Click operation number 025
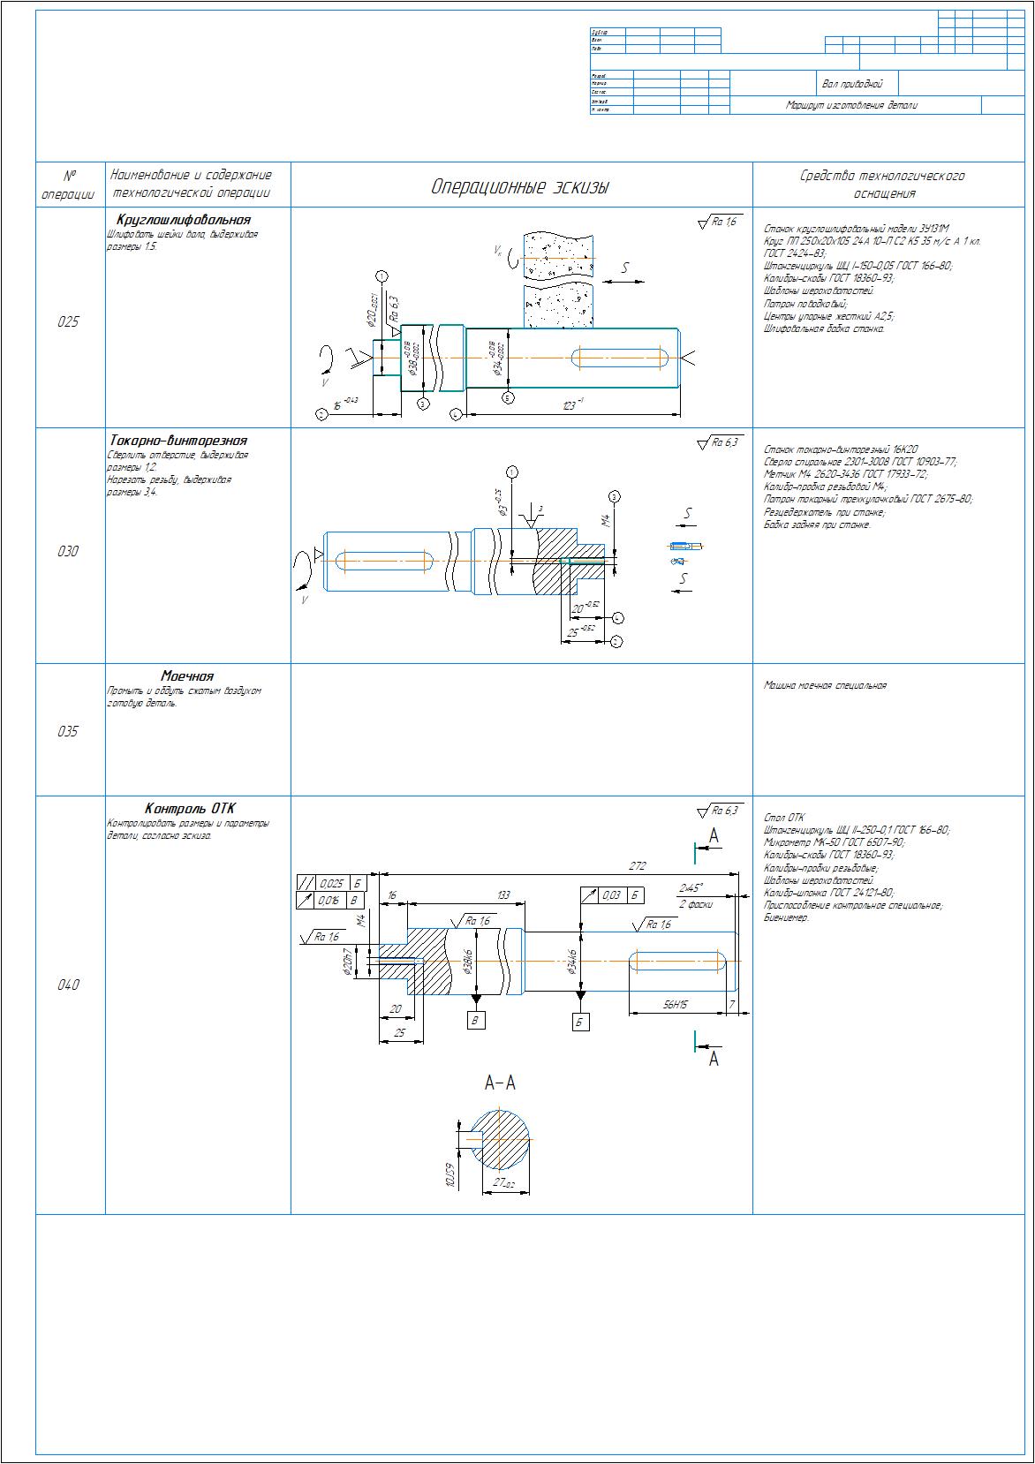pos(68,322)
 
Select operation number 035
pos(68,731)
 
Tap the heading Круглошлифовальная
pos(183,220)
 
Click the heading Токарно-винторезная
pos(178,441)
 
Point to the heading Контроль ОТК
pos(190,809)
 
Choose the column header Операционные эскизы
pos(520,187)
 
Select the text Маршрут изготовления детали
pos(851,105)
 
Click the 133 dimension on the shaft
pos(502,895)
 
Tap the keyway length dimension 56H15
pos(676,1005)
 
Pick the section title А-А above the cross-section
pos(500,1083)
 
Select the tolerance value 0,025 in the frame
pos(332,883)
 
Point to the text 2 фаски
pos(695,904)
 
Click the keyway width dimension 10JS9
pos(450,1176)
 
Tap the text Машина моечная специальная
pos(824,685)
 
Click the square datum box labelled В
pos(476,1021)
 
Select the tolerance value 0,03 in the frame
pos(611,895)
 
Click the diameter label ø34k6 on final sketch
pos(572,962)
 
